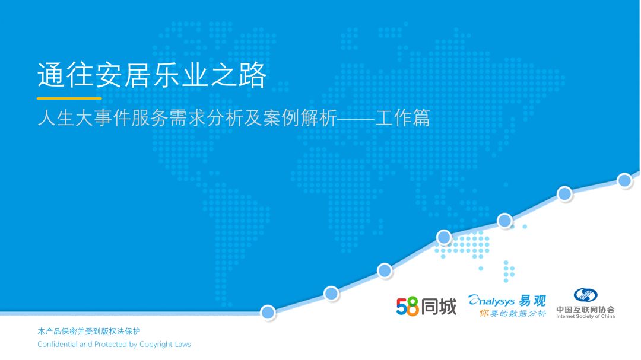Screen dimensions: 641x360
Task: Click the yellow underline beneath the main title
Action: coord(69,98)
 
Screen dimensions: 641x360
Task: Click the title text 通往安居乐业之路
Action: coord(152,75)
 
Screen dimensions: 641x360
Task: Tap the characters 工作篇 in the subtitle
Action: coord(403,118)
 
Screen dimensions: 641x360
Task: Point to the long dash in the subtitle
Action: coord(356,119)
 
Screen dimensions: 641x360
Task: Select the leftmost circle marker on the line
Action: coord(268,313)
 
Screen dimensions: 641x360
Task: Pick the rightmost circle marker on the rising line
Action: coord(624,180)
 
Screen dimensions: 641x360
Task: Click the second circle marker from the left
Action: coord(331,293)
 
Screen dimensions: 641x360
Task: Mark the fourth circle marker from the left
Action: coord(444,237)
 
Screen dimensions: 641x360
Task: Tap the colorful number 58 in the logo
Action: coord(407,307)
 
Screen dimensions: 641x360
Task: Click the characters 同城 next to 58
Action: coord(439,307)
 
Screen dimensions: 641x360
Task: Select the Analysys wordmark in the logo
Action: coord(491,301)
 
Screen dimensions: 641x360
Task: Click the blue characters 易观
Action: coord(532,301)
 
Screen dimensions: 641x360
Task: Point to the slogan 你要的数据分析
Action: coord(513,313)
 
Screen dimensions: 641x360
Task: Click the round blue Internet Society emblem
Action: coord(585,295)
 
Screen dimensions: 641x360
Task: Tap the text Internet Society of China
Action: coord(585,316)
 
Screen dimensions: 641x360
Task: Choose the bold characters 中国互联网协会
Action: coord(585,310)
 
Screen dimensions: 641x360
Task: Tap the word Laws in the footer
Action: coord(183,344)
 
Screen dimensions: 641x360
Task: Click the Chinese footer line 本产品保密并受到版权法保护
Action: coord(88,332)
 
